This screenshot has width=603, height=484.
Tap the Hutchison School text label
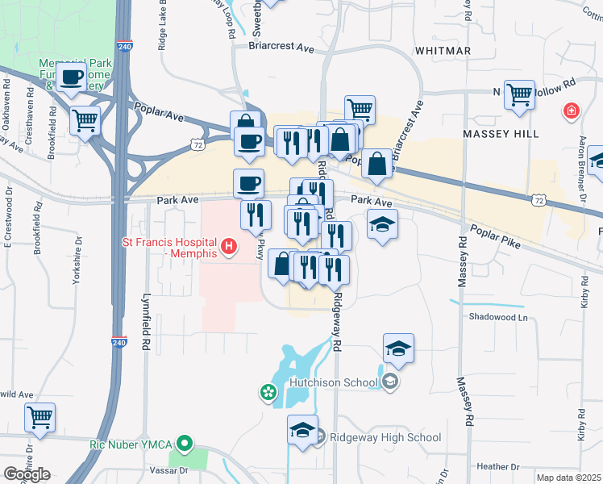pos(334,383)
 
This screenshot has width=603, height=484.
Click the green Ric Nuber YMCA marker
pos(185,443)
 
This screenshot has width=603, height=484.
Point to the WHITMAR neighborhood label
pos(442,51)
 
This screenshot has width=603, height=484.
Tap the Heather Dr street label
pos(497,467)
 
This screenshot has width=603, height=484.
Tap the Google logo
pos(27,474)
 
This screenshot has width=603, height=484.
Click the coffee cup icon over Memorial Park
pos(73,77)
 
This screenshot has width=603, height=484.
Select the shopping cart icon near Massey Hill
pos(519,94)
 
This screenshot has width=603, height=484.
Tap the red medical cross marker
pos(572,109)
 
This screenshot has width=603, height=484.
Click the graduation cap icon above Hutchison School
pos(398,348)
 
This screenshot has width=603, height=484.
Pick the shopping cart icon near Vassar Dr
pos(40,417)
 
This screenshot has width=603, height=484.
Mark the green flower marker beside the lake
pos(267,394)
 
